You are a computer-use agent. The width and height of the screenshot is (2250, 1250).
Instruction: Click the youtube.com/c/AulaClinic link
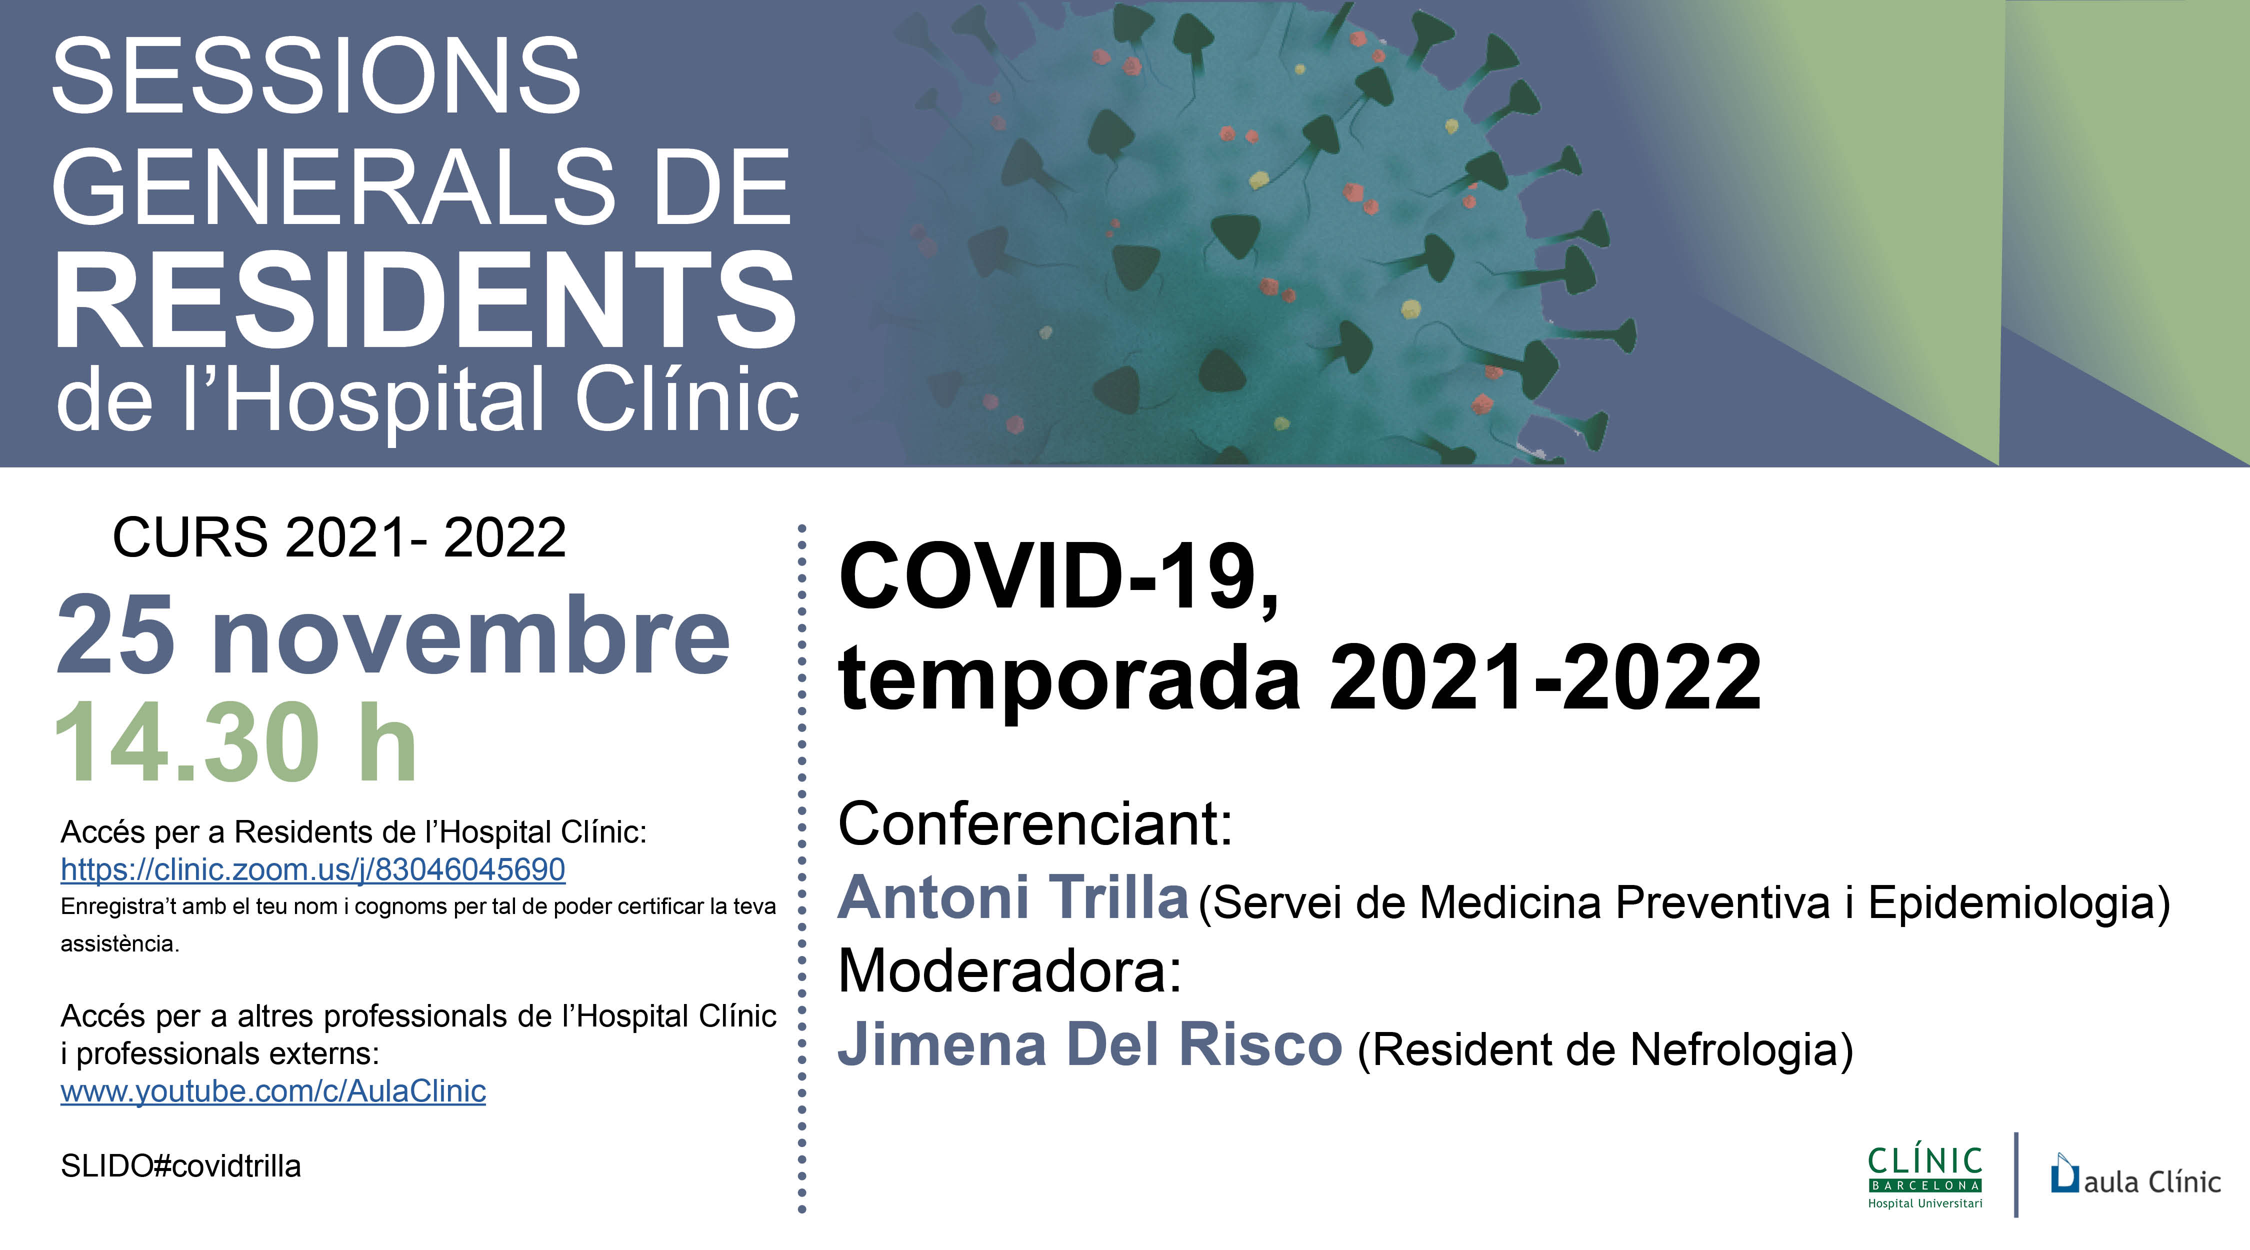(x=272, y=1091)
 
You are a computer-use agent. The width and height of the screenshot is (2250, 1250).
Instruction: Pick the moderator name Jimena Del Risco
(x=1089, y=1044)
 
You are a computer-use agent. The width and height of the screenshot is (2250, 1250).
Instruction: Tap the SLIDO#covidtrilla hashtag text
(x=181, y=1166)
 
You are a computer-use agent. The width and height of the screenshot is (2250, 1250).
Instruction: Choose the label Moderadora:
(x=1009, y=970)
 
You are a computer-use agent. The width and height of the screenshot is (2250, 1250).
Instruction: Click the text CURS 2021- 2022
(x=339, y=536)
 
